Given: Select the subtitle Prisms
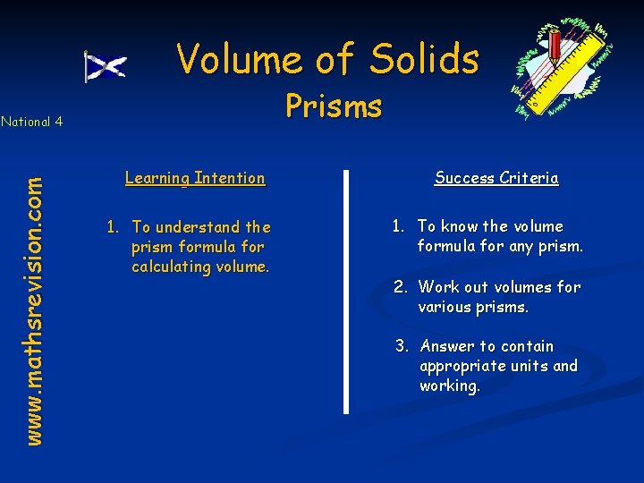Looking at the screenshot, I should coord(334,106).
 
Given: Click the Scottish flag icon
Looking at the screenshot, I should coord(106,66).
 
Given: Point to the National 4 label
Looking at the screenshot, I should coord(31,122).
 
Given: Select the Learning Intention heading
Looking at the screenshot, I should coord(195,178).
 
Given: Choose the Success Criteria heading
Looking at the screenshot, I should coord(496,178).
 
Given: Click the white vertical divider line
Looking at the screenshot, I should coord(346,291).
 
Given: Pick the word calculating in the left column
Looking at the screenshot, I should coord(170,267).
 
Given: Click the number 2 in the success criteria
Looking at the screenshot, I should coord(399,287).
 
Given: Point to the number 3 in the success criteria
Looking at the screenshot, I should coord(402,346).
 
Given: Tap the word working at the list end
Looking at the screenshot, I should coord(449,386).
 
